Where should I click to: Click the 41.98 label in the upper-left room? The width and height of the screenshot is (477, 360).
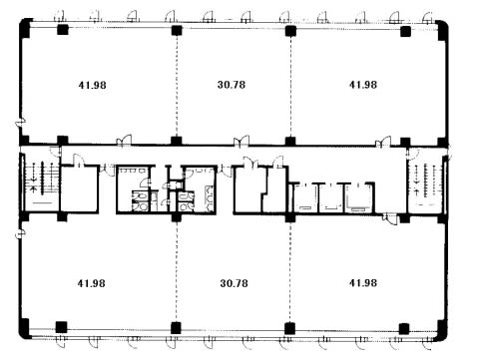tap(92, 85)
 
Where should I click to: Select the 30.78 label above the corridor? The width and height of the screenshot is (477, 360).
tap(232, 85)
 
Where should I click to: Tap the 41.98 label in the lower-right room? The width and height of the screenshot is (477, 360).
tap(363, 282)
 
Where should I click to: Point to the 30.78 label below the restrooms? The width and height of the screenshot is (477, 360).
tap(234, 283)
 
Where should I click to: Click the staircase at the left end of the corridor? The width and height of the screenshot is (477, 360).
tap(40, 182)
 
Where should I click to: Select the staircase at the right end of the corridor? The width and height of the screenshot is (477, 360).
tap(426, 184)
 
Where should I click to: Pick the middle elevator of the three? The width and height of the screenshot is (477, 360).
tap(331, 197)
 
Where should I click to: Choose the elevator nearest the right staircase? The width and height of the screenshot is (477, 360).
tap(358, 197)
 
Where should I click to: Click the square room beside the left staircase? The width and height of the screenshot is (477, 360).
tap(79, 188)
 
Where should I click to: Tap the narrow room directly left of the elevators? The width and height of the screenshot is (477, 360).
tap(275, 189)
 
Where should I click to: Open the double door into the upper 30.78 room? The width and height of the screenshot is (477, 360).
tap(241, 141)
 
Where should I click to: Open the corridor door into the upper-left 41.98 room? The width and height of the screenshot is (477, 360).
tap(124, 141)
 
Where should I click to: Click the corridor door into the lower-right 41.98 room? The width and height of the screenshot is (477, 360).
tap(390, 219)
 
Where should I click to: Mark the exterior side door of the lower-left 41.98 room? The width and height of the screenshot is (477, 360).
tap(21, 232)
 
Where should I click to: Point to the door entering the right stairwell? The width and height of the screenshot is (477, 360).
tap(412, 153)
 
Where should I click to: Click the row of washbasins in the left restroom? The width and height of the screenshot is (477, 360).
tap(133, 171)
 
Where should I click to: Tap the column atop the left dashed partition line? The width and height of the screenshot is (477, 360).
tap(177, 30)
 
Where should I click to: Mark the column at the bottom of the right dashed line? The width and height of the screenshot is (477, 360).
tap(290, 328)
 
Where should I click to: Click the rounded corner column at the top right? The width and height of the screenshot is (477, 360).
tap(442, 30)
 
